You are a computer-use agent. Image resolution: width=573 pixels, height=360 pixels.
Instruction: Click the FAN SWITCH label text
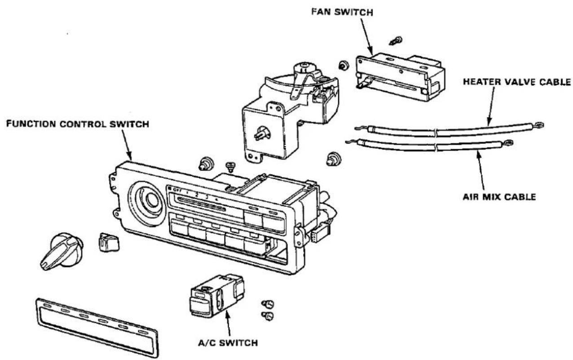pos(342,12)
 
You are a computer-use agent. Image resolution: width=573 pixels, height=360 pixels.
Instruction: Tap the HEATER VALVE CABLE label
pos(517,82)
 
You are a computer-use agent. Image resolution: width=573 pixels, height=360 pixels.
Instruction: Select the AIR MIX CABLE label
pos(499,197)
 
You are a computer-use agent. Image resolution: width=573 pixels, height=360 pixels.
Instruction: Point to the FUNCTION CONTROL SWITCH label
pos(78,124)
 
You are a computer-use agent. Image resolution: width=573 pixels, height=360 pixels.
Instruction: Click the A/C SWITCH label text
pos(228,342)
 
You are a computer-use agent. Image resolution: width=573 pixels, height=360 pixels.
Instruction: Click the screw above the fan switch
pos(396,41)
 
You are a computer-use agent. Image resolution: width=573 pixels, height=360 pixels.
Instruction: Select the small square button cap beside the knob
pos(109,242)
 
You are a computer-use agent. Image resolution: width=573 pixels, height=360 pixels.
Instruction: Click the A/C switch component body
pos(216,296)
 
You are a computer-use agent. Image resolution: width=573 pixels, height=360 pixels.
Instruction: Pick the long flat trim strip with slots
pos(97,328)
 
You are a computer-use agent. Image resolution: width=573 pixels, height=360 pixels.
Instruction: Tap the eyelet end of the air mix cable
pos(508,142)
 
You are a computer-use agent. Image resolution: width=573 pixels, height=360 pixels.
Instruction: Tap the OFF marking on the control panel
pos(177,190)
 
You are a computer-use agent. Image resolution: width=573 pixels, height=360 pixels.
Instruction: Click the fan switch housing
pos(400,76)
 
